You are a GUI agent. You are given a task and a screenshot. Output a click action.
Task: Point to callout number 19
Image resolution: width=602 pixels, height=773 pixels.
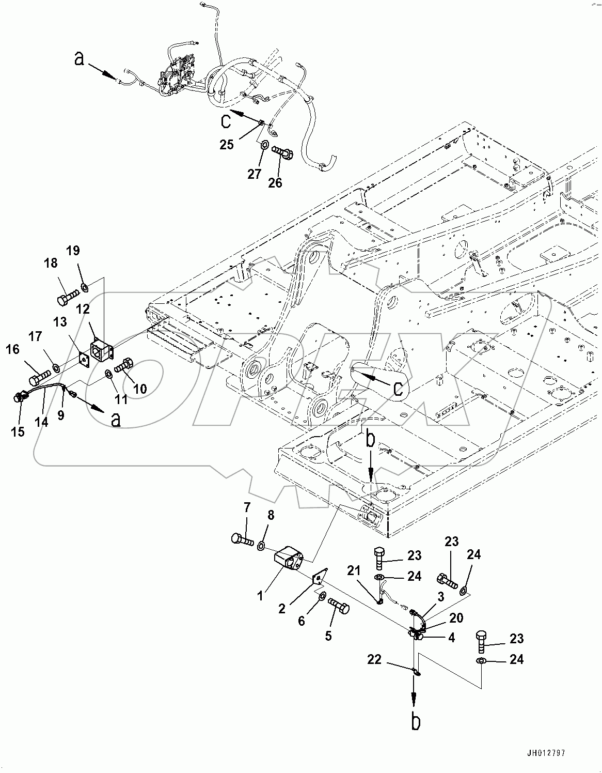pos(73,251)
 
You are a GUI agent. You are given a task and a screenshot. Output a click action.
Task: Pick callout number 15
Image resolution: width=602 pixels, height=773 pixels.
pos(18,431)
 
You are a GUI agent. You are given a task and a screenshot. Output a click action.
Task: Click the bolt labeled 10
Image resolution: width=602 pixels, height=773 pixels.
pos(125,367)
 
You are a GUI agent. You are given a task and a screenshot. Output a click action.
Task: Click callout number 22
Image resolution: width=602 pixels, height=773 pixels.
pos(375,659)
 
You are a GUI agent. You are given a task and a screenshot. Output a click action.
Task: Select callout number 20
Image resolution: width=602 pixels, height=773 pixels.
pos(456,618)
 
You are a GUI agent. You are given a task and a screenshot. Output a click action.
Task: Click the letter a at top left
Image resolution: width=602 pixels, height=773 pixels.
pos(78,59)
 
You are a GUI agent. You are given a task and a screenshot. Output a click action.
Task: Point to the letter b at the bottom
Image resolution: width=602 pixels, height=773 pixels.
pos(416,721)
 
